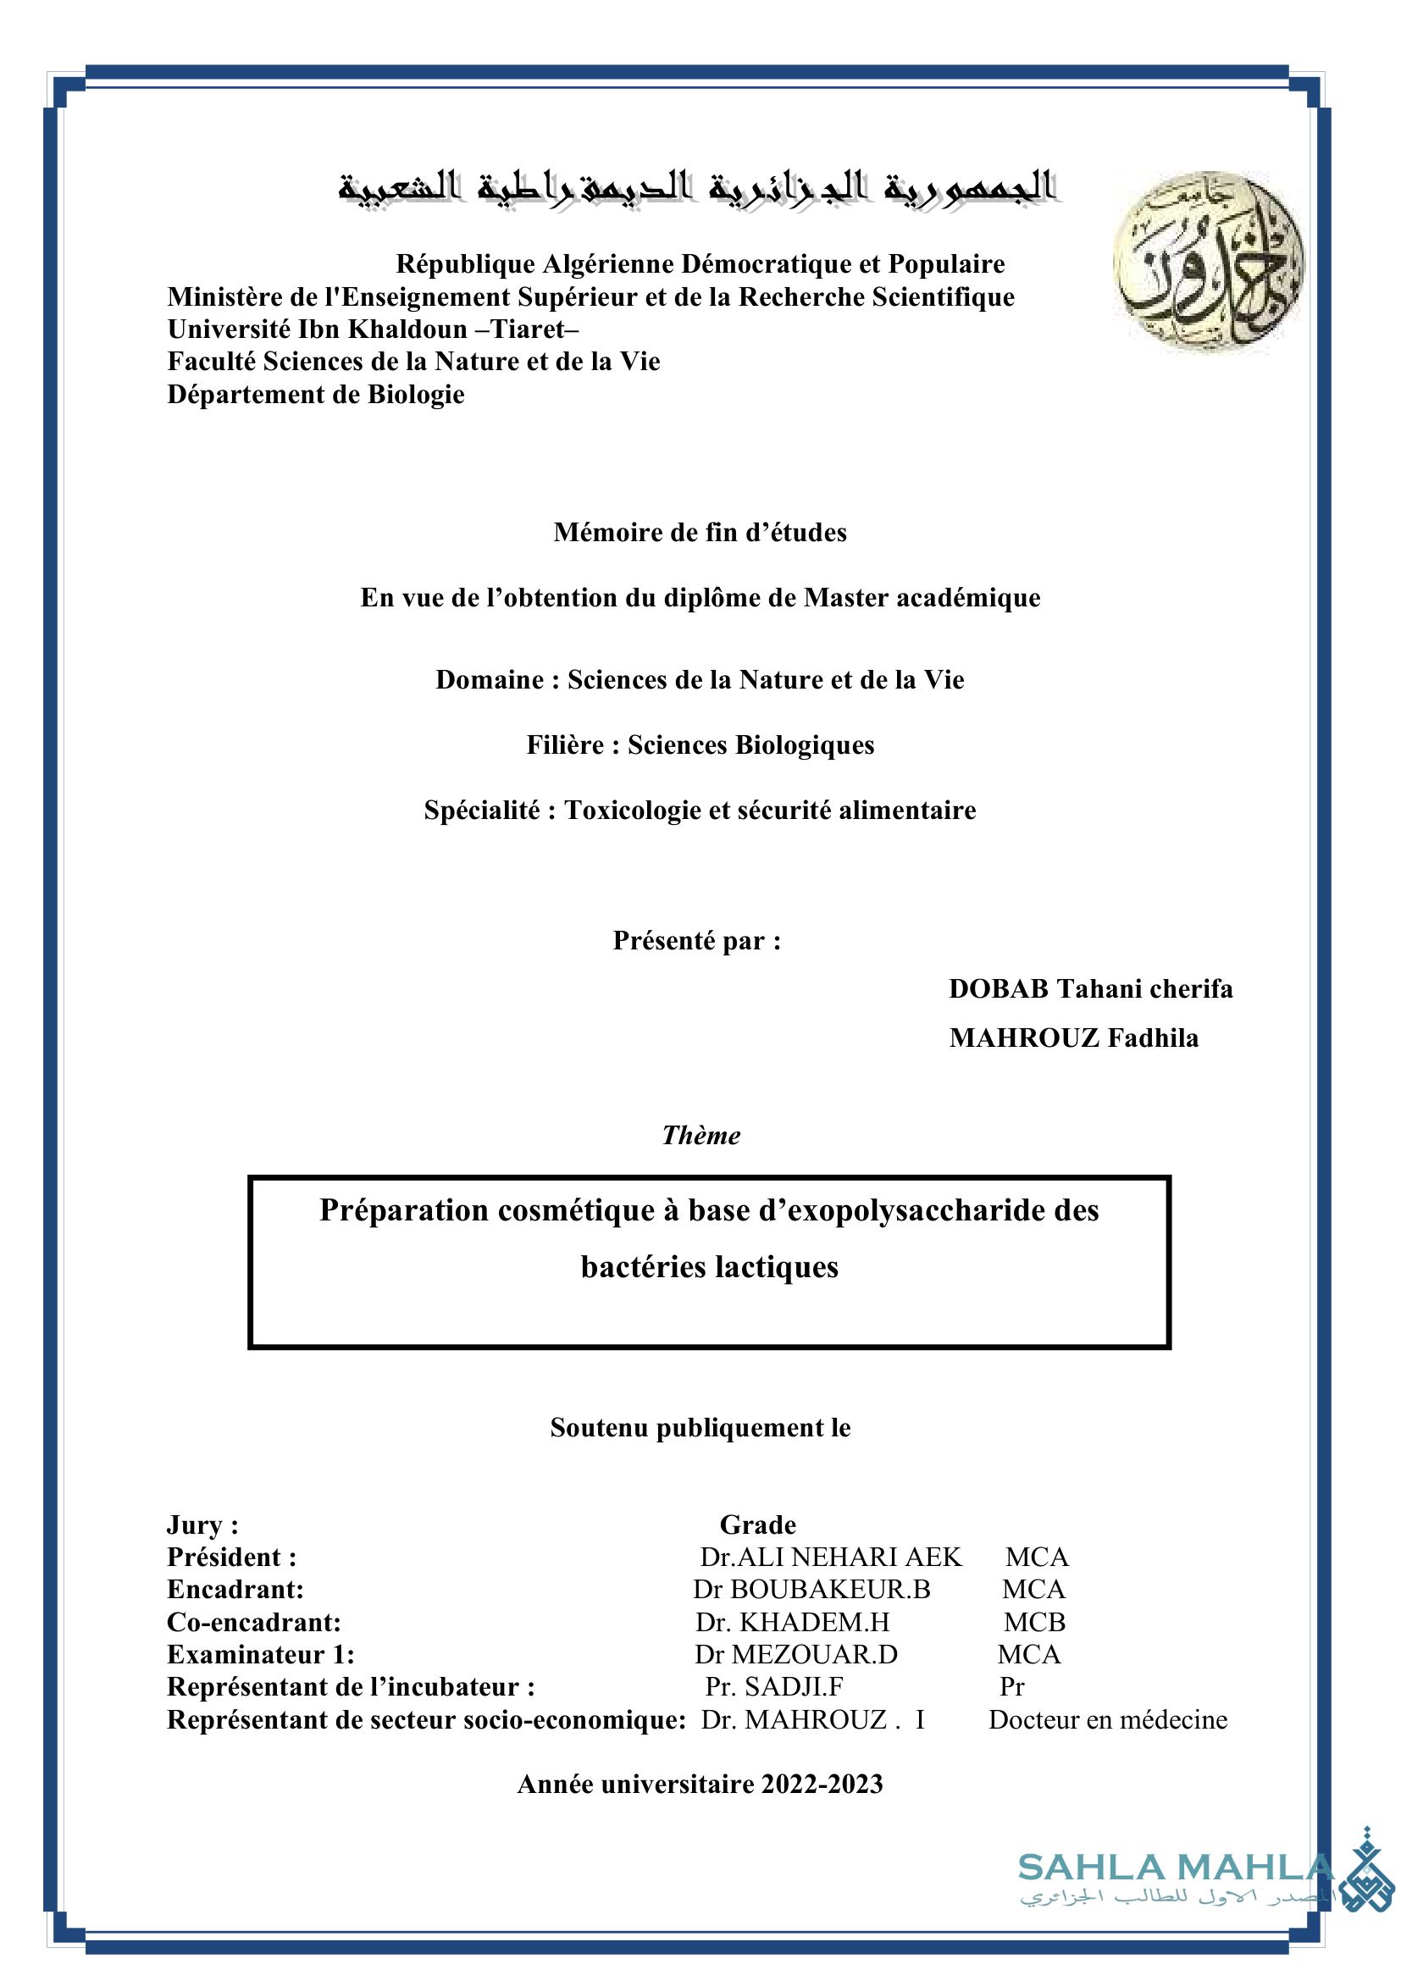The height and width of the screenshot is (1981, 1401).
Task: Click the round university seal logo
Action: pyautogui.click(x=1208, y=261)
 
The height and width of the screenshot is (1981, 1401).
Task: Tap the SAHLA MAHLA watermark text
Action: pyautogui.click(x=1175, y=1868)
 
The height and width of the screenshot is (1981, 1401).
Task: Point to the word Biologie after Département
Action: pyautogui.click(x=416, y=395)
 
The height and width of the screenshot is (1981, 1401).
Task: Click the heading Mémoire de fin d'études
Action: pyautogui.click(x=700, y=533)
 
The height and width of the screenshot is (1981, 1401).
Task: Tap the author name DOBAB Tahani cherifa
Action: pyautogui.click(x=1090, y=988)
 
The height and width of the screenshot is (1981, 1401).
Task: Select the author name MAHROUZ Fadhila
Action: pyautogui.click(x=1073, y=1038)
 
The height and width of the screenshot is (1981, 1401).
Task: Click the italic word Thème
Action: pyautogui.click(x=700, y=1136)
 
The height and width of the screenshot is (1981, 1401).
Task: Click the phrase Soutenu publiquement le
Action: pyautogui.click(x=700, y=1428)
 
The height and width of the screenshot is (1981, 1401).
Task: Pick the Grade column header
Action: pyautogui.click(x=757, y=1524)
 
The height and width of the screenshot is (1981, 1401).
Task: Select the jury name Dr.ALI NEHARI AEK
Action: pyautogui.click(x=830, y=1557)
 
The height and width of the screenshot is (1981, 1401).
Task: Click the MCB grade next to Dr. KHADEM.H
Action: pyautogui.click(x=1034, y=1622)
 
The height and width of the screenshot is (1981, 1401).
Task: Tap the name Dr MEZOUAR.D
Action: pyautogui.click(x=796, y=1654)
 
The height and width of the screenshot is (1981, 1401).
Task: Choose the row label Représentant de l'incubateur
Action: pyautogui.click(x=351, y=1687)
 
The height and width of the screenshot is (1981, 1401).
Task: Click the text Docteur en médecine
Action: pyautogui.click(x=1108, y=1719)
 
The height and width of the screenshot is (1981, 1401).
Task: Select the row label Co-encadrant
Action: pyautogui.click(x=253, y=1622)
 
